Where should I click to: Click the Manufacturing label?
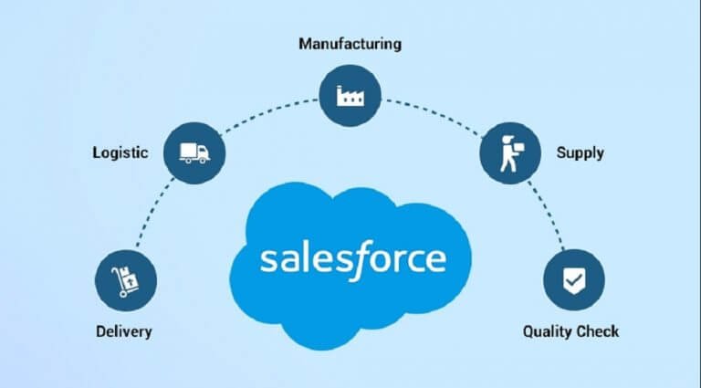(350, 44)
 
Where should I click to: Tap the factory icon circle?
(350, 96)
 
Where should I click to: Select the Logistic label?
(120, 152)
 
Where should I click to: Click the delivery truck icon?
(194, 152)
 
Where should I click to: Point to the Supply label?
(580, 153)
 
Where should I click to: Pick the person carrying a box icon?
(511, 153)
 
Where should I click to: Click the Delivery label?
(124, 331)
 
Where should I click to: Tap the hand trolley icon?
(125, 281)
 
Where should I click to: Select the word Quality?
(547, 331)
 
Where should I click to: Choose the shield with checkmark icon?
(574, 281)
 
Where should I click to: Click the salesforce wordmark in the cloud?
(353, 259)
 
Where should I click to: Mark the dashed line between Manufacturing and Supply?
(433, 114)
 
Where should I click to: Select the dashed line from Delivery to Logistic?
(153, 212)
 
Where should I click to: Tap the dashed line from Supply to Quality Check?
(548, 215)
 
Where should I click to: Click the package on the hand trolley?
(130, 278)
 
